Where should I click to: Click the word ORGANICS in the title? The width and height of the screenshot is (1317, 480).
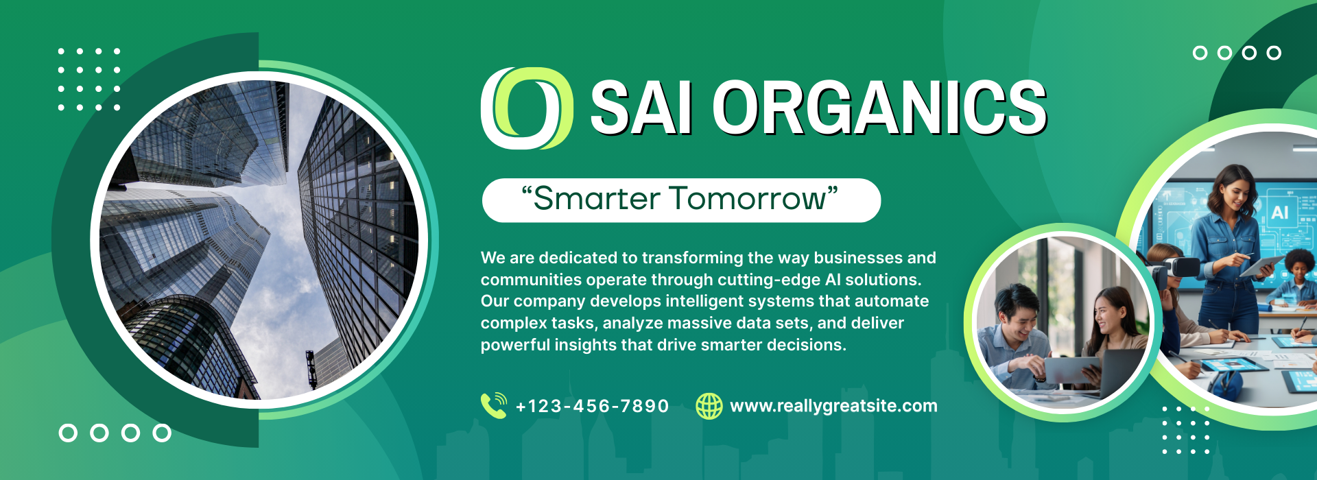[x=879, y=107]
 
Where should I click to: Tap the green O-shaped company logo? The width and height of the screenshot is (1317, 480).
[x=527, y=108]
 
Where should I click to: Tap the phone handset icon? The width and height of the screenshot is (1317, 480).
[x=494, y=405]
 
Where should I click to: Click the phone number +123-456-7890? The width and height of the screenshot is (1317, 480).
[x=592, y=406]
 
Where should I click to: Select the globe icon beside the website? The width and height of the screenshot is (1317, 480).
[x=709, y=406]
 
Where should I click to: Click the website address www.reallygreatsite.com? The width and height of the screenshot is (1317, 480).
[x=833, y=406]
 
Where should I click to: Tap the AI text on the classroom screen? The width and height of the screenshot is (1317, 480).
[x=1280, y=213]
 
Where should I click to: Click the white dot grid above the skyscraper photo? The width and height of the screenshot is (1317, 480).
[x=89, y=79]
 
